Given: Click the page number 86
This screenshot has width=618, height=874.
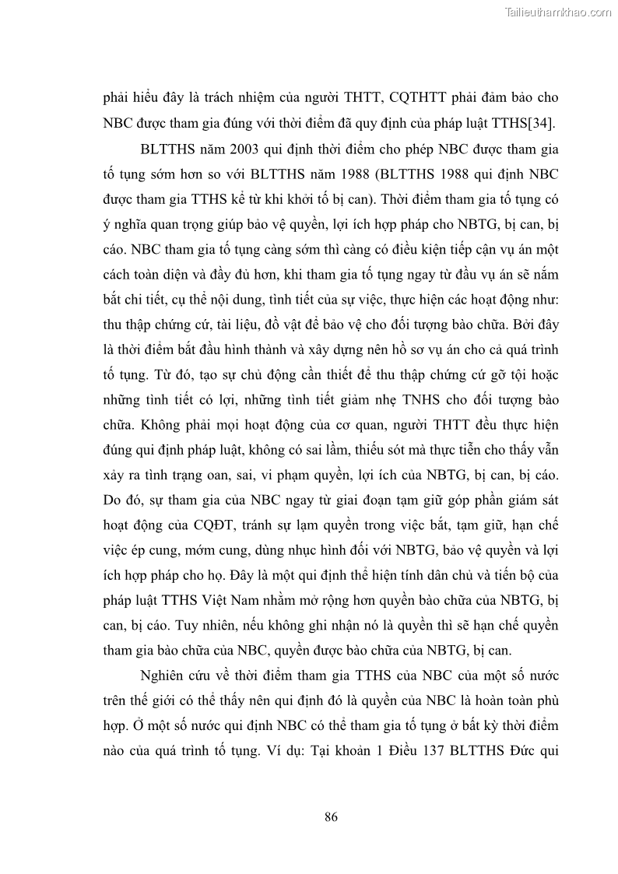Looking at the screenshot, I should coord(330,816).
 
